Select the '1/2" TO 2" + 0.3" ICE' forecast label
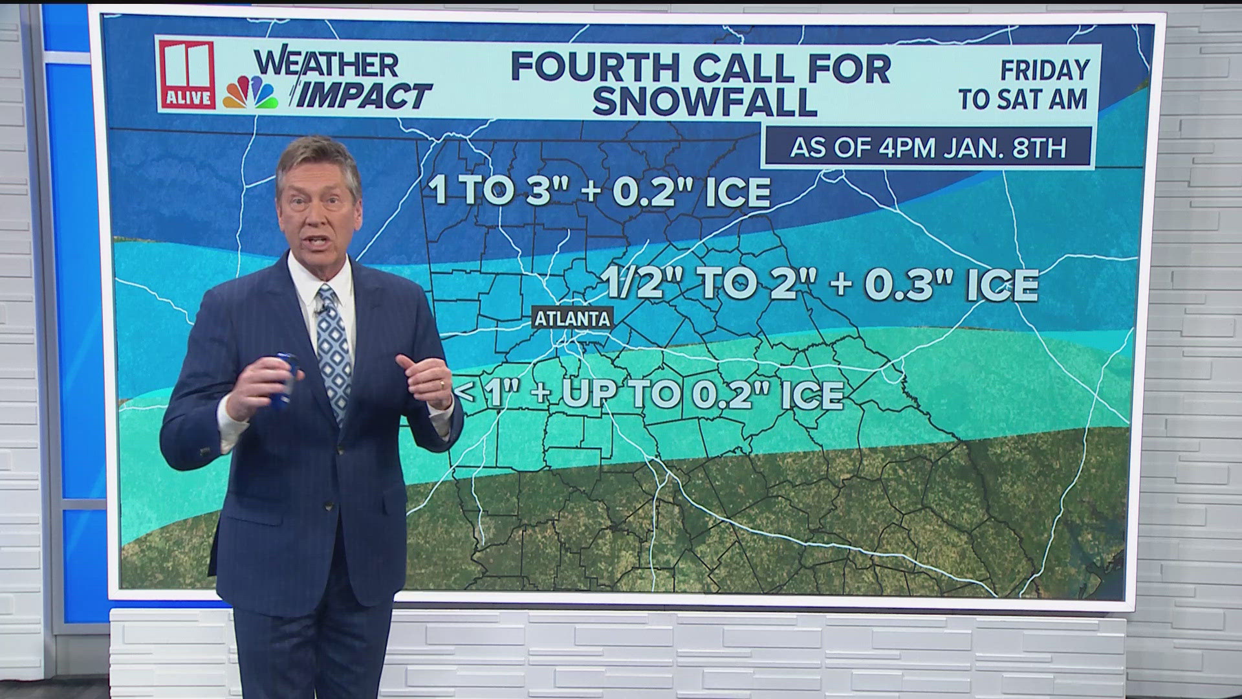click(820, 284)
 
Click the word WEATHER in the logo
click(327, 64)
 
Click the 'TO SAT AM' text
click(1024, 100)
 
